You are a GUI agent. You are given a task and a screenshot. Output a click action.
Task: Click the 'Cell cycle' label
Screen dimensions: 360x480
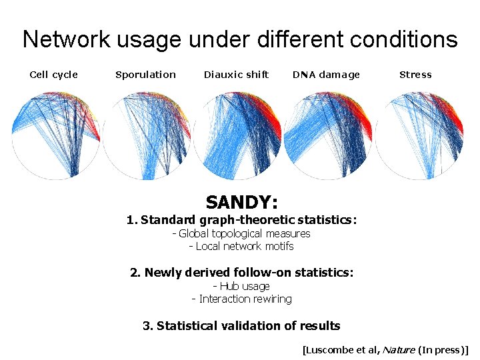(x=54, y=75)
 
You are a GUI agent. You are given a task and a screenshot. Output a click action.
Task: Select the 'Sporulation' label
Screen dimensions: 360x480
(x=145, y=75)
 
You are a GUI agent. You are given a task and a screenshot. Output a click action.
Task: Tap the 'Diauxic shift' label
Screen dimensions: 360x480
(x=236, y=75)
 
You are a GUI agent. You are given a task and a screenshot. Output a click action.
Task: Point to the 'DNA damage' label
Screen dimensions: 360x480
(x=326, y=75)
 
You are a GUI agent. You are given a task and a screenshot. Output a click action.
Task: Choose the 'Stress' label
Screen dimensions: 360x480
(x=415, y=75)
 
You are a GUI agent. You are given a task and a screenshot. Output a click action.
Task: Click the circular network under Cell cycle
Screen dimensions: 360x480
(x=56, y=136)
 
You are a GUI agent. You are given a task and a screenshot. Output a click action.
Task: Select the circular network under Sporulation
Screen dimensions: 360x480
(x=147, y=136)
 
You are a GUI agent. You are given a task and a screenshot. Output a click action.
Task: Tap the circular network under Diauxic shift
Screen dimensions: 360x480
(x=237, y=136)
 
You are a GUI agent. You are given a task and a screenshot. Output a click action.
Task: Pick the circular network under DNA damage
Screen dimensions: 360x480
(x=328, y=136)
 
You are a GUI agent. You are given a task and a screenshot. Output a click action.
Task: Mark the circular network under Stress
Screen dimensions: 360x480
(x=419, y=136)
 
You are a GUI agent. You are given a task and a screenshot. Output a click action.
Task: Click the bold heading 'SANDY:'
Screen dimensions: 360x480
(x=241, y=202)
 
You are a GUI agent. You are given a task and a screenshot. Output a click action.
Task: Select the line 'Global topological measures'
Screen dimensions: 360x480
(x=241, y=233)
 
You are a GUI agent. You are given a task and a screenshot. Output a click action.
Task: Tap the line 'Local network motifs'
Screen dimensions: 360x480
(x=241, y=246)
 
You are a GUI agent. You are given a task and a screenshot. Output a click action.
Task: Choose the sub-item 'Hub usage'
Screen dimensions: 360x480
(x=241, y=286)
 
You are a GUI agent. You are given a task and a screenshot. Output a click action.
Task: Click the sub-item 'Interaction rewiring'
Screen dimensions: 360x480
(x=241, y=299)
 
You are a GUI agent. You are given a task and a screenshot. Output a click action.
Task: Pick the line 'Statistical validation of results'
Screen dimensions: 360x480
(x=241, y=326)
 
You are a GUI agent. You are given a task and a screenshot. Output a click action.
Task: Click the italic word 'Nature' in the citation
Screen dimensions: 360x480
(x=397, y=349)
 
